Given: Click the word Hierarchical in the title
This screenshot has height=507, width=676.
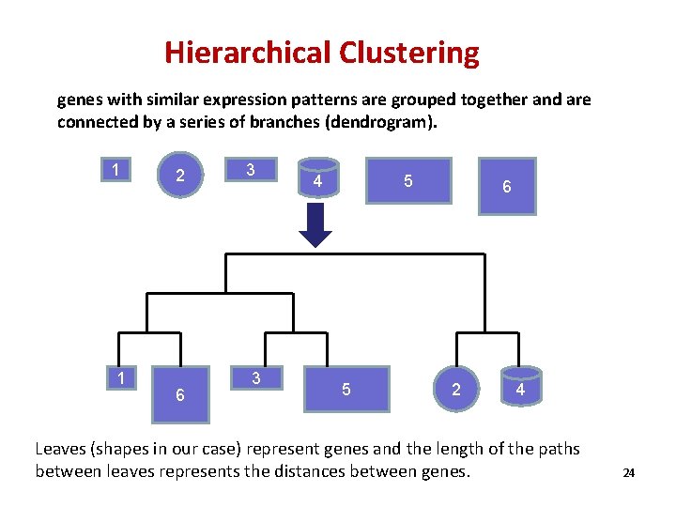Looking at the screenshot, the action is pyautogui.click(x=245, y=53).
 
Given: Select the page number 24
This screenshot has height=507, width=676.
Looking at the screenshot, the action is pyautogui.click(x=629, y=473).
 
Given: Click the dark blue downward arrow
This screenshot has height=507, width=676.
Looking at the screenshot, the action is pyautogui.click(x=315, y=225).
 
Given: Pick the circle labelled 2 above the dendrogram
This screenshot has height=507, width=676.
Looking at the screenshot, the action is pyautogui.click(x=180, y=176).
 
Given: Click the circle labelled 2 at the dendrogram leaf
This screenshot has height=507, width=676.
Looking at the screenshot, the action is pyautogui.click(x=456, y=388).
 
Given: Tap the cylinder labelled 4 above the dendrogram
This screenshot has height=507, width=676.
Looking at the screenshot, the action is pyautogui.click(x=317, y=179).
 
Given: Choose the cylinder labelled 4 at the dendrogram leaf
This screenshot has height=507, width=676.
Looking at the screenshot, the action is pyautogui.click(x=519, y=388).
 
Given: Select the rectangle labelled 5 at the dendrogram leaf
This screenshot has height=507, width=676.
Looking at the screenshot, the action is pyautogui.click(x=346, y=389).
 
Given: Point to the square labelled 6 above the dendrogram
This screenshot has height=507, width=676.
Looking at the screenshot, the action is pyautogui.click(x=507, y=186).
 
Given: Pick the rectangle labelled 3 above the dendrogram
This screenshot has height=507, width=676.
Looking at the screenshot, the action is pyautogui.click(x=250, y=170).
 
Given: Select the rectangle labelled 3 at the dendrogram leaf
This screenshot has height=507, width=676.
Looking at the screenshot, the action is pyautogui.click(x=256, y=377).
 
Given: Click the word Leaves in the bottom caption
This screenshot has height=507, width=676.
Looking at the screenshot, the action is pyautogui.click(x=62, y=449).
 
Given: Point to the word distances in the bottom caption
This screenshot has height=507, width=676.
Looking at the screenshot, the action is pyautogui.click(x=308, y=471).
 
